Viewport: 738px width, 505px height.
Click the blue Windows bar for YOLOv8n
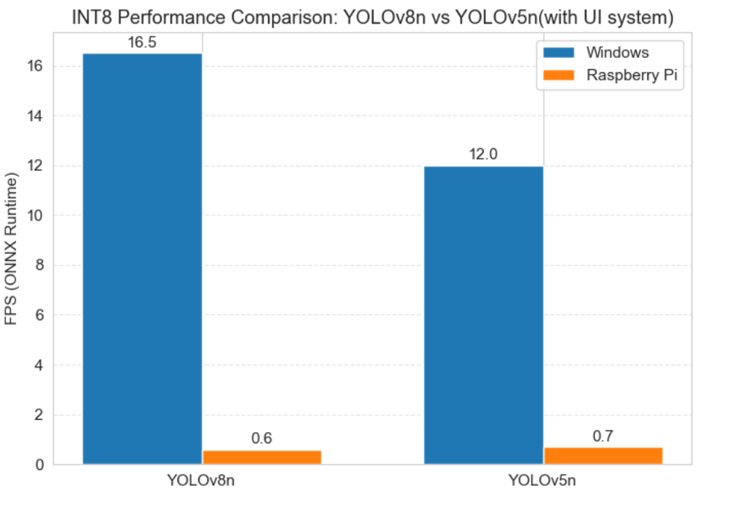coord(142,259)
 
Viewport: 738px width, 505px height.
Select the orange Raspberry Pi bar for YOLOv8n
coord(262,456)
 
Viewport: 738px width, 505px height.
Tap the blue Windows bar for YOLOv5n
coord(484,315)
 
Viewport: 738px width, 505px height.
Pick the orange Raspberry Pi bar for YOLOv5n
coord(603,456)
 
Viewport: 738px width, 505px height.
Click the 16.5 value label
coord(142,43)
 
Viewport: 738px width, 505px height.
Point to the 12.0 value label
coord(484,155)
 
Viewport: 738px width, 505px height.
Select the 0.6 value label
coord(262,439)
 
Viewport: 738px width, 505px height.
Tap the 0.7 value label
coord(603,437)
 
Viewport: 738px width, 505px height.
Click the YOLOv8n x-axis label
coord(202,481)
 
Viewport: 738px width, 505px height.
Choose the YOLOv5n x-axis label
coord(543,481)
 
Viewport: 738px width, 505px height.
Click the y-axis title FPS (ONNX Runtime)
coord(12,249)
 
